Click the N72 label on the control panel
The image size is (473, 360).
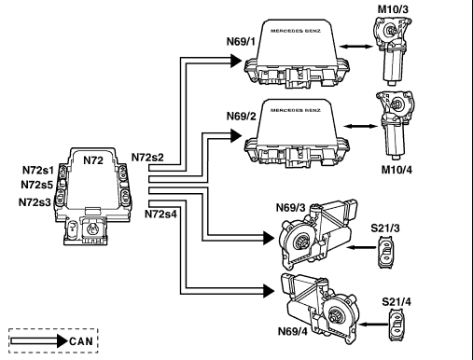click(x=93, y=160)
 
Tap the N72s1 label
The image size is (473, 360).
click(x=38, y=170)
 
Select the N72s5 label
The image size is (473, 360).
click(x=36, y=185)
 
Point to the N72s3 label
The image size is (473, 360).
click(x=35, y=202)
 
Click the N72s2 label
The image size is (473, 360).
click(x=147, y=158)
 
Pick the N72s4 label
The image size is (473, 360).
click(x=160, y=214)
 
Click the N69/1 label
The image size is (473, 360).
click(x=241, y=41)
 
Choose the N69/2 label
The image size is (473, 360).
click(x=242, y=117)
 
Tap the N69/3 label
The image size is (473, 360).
click(x=291, y=207)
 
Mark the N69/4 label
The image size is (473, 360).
click(x=293, y=331)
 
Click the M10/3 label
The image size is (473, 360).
click(x=393, y=9)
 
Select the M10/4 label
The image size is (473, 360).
click(x=396, y=170)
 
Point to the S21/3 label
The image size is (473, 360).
click(x=385, y=228)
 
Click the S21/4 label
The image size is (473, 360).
click(x=396, y=302)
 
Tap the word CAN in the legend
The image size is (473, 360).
click(x=81, y=341)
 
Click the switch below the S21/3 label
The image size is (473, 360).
click(x=386, y=252)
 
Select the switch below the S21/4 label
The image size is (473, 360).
click(x=396, y=325)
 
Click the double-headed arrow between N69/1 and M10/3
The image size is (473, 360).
click(x=355, y=47)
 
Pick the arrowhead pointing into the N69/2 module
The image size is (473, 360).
click(x=236, y=135)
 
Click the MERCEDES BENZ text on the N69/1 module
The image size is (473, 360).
click(x=296, y=31)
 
